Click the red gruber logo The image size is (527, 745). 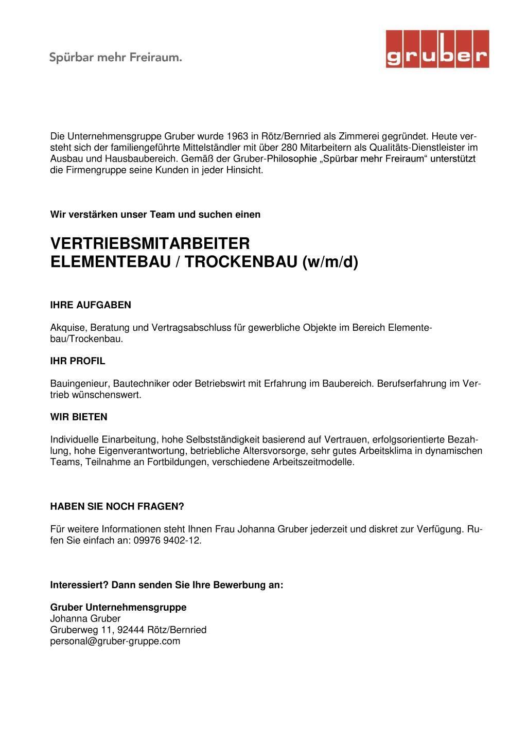point(437,49)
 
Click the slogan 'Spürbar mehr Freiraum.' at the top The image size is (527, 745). point(116,57)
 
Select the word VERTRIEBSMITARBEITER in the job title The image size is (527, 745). point(150,243)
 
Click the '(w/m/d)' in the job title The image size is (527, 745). point(330,262)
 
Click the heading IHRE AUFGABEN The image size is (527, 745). point(91,305)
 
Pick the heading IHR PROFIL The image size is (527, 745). point(78,361)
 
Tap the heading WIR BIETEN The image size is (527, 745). point(79,417)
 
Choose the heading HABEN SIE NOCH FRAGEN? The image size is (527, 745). point(117,506)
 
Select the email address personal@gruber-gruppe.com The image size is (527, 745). point(115,641)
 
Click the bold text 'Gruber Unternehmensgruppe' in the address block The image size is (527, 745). point(118,607)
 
